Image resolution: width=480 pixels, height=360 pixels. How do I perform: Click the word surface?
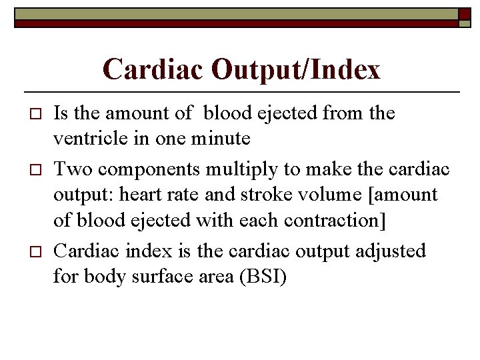tap(163, 275)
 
